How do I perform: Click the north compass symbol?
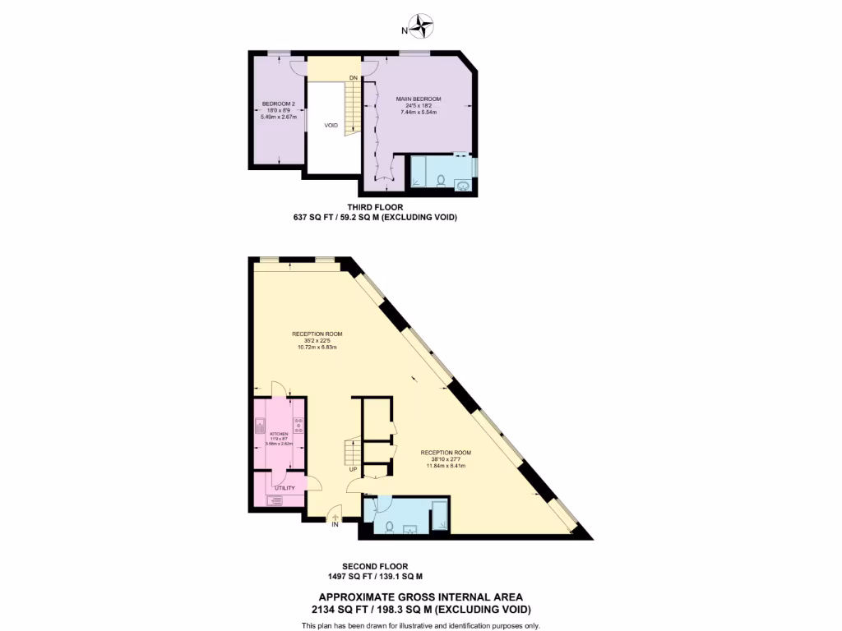423,26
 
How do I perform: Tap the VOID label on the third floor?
331,125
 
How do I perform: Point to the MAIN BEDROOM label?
419,99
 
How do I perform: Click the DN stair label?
353,78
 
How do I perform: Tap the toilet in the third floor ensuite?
442,181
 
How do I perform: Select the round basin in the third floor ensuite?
463,185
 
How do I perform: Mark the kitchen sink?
260,426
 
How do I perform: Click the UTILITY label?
285,488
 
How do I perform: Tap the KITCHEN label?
278,433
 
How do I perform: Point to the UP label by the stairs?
353,470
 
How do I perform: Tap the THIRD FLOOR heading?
375,207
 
